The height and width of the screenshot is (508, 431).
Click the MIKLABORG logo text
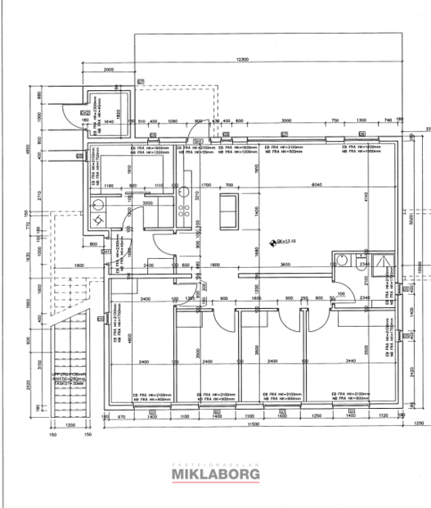point(214,474)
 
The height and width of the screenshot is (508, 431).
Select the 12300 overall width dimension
point(241,61)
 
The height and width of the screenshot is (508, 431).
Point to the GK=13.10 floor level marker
point(283,242)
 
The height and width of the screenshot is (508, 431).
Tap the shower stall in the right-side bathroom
point(379,261)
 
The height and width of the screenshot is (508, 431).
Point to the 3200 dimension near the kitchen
point(148,202)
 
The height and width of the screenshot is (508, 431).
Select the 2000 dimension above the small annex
point(110,70)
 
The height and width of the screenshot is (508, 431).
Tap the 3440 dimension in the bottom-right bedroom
point(352,361)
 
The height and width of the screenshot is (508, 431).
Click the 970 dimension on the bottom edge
point(122,417)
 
